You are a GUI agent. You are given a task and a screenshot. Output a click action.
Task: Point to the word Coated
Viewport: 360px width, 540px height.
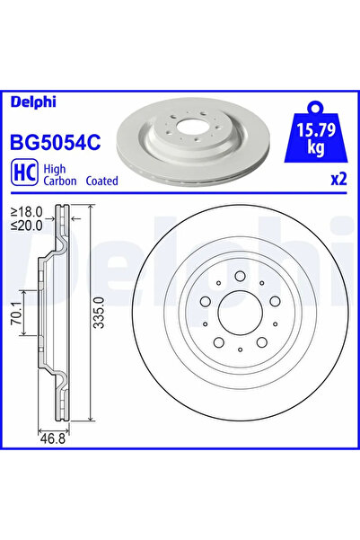[102, 181]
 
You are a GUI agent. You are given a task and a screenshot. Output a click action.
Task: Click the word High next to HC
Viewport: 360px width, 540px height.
[55, 167]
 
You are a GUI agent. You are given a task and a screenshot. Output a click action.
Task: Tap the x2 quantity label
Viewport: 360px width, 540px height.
[338, 179]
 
